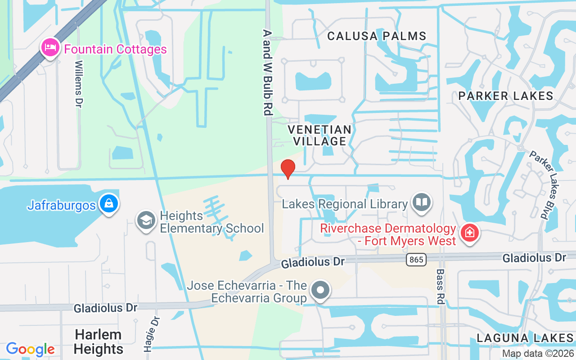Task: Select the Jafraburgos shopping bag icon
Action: click(x=109, y=204)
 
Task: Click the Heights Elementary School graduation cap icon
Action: click(x=146, y=221)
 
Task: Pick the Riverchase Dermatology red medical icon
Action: click(x=470, y=233)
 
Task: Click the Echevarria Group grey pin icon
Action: click(x=320, y=290)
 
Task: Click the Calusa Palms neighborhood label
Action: click(x=377, y=36)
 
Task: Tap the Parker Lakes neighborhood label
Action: click(x=506, y=95)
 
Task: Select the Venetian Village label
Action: click(x=319, y=135)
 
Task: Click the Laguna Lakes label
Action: click(x=525, y=338)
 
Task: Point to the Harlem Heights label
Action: click(x=98, y=342)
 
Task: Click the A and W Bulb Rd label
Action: click(x=268, y=72)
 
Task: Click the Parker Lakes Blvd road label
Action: click(x=544, y=184)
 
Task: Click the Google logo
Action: click(x=30, y=349)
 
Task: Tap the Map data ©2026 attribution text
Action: click(x=538, y=353)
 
